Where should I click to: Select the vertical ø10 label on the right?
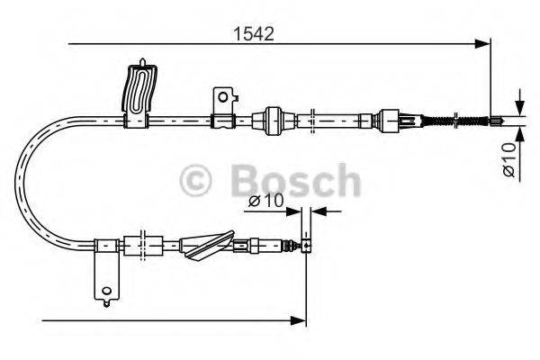508,158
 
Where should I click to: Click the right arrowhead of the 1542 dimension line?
485,42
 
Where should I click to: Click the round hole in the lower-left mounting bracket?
107,290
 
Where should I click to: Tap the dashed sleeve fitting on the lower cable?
139,243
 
